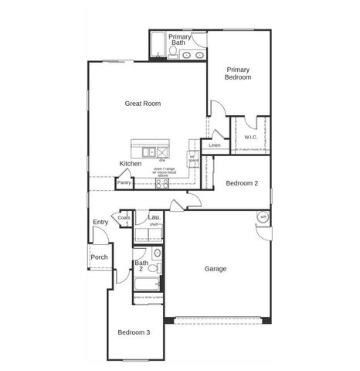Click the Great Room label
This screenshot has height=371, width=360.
tap(143, 103)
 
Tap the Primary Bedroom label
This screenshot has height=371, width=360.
tap(238, 73)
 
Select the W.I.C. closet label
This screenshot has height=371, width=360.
tap(250, 138)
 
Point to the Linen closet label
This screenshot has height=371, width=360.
tap(215, 145)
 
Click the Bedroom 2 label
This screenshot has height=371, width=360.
tap(242, 183)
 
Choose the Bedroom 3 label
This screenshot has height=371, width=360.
tap(134, 332)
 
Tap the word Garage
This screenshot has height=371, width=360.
tap(216, 269)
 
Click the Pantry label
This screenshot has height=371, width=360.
tap(124, 183)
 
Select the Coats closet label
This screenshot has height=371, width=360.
tap(124, 218)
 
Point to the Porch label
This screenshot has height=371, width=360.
tap(99, 257)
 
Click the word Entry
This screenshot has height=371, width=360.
tap(100, 223)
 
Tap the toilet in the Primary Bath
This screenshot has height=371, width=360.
tap(174, 53)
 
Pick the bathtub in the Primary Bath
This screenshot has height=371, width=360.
tap(157, 43)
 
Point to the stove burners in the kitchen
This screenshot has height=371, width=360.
tap(162, 183)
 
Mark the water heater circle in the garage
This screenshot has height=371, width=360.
tap(263, 218)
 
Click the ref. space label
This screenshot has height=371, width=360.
tap(194, 158)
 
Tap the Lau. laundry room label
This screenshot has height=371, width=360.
tap(155, 217)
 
